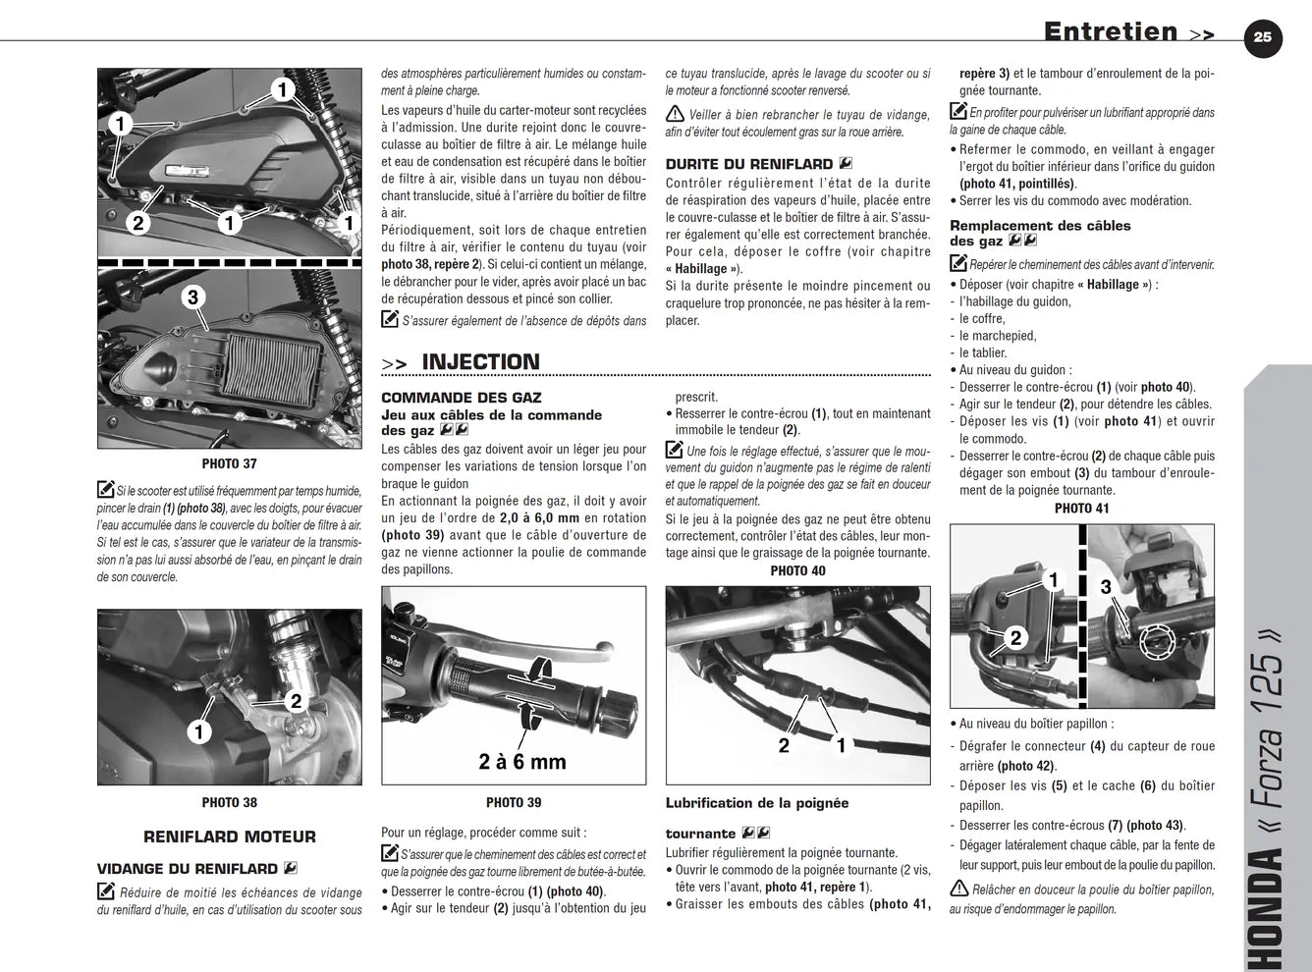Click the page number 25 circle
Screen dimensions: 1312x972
pyautogui.click(x=1263, y=37)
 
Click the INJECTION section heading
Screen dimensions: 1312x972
pyautogui.click(x=480, y=361)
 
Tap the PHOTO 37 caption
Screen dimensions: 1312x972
pyautogui.click(x=230, y=463)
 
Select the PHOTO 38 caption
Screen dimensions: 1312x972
pyautogui.click(x=230, y=803)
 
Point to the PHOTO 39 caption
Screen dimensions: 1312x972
pyautogui.click(x=514, y=803)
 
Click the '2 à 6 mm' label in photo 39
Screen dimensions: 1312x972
pyautogui.click(x=522, y=761)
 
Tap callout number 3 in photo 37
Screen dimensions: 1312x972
pyautogui.click(x=192, y=297)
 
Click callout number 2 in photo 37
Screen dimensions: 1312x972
pyautogui.click(x=138, y=223)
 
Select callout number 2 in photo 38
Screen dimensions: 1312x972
pyautogui.click(x=296, y=702)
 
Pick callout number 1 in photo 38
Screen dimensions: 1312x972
pyautogui.click(x=198, y=731)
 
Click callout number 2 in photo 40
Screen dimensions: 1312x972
pyautogui.click(x=784, y=745)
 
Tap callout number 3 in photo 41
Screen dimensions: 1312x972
pyautogui.click(x=1106, y=587)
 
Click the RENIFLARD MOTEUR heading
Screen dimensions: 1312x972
pyautogui.click(x=230, y=837)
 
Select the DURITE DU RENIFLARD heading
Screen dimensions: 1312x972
pyautogui.click(x=749, y=164)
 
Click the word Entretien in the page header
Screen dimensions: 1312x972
pyautogui.click(x=1111, y=31)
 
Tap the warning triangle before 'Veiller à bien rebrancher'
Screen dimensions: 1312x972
pyautogui.click(x=675, y=114)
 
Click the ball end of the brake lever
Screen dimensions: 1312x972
pyautogui.click(x=604, y=647)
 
